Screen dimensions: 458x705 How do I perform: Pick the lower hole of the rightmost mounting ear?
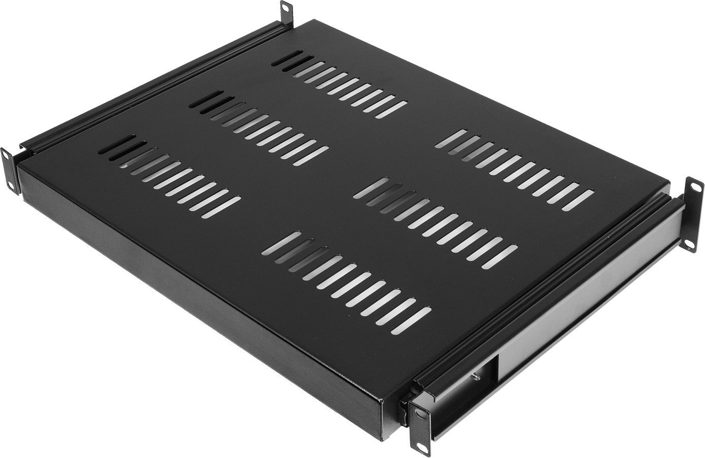click(x=692, y=245)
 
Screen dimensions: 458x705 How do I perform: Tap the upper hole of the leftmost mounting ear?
click(x=7, y=156)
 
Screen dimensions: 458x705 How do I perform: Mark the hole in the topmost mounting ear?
click(x=286, y=9)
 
